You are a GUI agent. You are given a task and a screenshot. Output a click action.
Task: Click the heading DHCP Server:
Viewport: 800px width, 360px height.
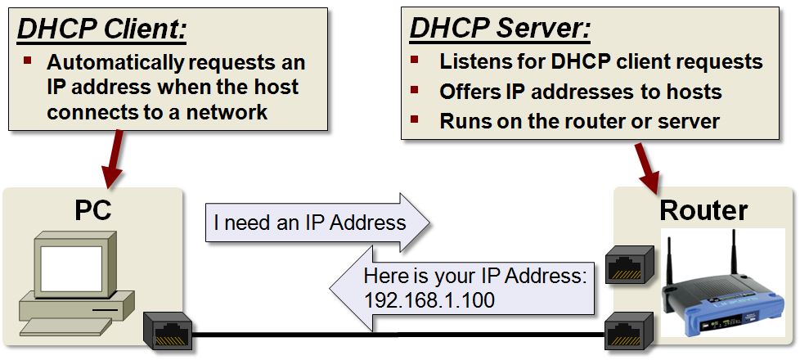[x=500, y=29]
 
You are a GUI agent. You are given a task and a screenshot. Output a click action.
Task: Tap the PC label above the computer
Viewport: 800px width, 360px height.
[x=92, y=210]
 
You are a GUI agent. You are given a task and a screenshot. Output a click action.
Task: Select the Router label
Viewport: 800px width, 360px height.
[x=703, y=210]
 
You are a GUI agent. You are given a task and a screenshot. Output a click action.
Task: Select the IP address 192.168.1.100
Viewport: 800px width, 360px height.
[x=429, y=300]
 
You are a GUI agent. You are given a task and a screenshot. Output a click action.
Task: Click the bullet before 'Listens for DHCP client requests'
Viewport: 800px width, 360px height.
[x=415, y=61]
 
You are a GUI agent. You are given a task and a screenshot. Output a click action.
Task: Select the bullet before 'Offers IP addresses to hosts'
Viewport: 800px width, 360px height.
[x=415, y=90]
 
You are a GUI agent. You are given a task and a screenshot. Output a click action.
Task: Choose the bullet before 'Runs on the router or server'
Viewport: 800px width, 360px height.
[x=415, y=120]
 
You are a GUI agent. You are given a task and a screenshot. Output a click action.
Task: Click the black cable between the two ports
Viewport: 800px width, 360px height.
[x=393, y=334]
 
